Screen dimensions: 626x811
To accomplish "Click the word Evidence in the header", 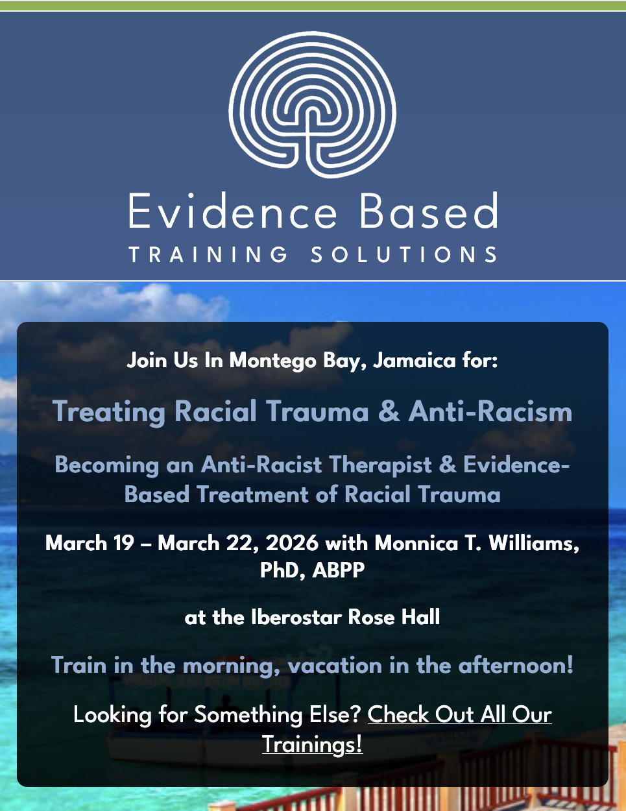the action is [232, 210].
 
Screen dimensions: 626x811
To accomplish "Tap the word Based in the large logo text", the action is [429, 210].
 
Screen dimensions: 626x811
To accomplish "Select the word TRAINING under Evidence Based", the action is [208, 254].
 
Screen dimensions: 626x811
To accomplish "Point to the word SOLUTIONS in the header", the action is [404, 254].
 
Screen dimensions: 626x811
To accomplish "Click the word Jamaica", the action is [414, 361].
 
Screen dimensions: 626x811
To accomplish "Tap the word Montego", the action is [272, 361].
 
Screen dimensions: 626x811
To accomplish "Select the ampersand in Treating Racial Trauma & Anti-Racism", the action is [389, 411].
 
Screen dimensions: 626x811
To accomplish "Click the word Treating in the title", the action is [109, 412].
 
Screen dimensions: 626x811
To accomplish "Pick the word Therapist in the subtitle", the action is [381, 465].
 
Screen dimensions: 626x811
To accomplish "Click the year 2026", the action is [292, 542].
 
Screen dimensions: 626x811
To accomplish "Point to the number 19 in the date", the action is [124, 542].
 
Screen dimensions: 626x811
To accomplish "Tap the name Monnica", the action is [416, 542].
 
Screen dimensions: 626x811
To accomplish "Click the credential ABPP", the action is [339, 570].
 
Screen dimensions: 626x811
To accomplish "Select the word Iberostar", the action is [296, 617].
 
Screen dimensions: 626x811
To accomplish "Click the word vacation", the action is [335, 666].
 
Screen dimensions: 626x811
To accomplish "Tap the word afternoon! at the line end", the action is [515, 665].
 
